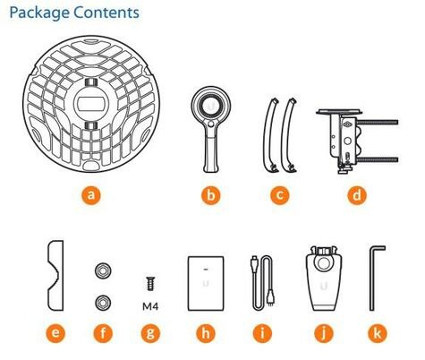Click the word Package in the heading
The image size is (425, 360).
pos(39,13)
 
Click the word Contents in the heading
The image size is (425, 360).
pos(106,13)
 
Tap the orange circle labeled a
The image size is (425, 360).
pos(91,195)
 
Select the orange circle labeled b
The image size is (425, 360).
pos(211,195)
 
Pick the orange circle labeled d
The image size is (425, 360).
pos(357,195)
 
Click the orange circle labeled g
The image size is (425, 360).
pos(150,333)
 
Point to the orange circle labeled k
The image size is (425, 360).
pos(378,333)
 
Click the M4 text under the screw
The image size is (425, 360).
pos(150,306)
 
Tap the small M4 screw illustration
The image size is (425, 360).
pos(150,284)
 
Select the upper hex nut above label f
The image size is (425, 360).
pos(103,270)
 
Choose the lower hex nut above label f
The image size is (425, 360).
pos(103,303)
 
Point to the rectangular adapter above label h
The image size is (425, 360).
pos(206,283)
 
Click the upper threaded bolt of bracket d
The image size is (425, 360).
pos(378,122)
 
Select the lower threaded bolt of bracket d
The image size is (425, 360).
pos(378,159)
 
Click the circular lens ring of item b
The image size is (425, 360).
pos(211,106)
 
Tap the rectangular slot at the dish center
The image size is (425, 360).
pos(90,104)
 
